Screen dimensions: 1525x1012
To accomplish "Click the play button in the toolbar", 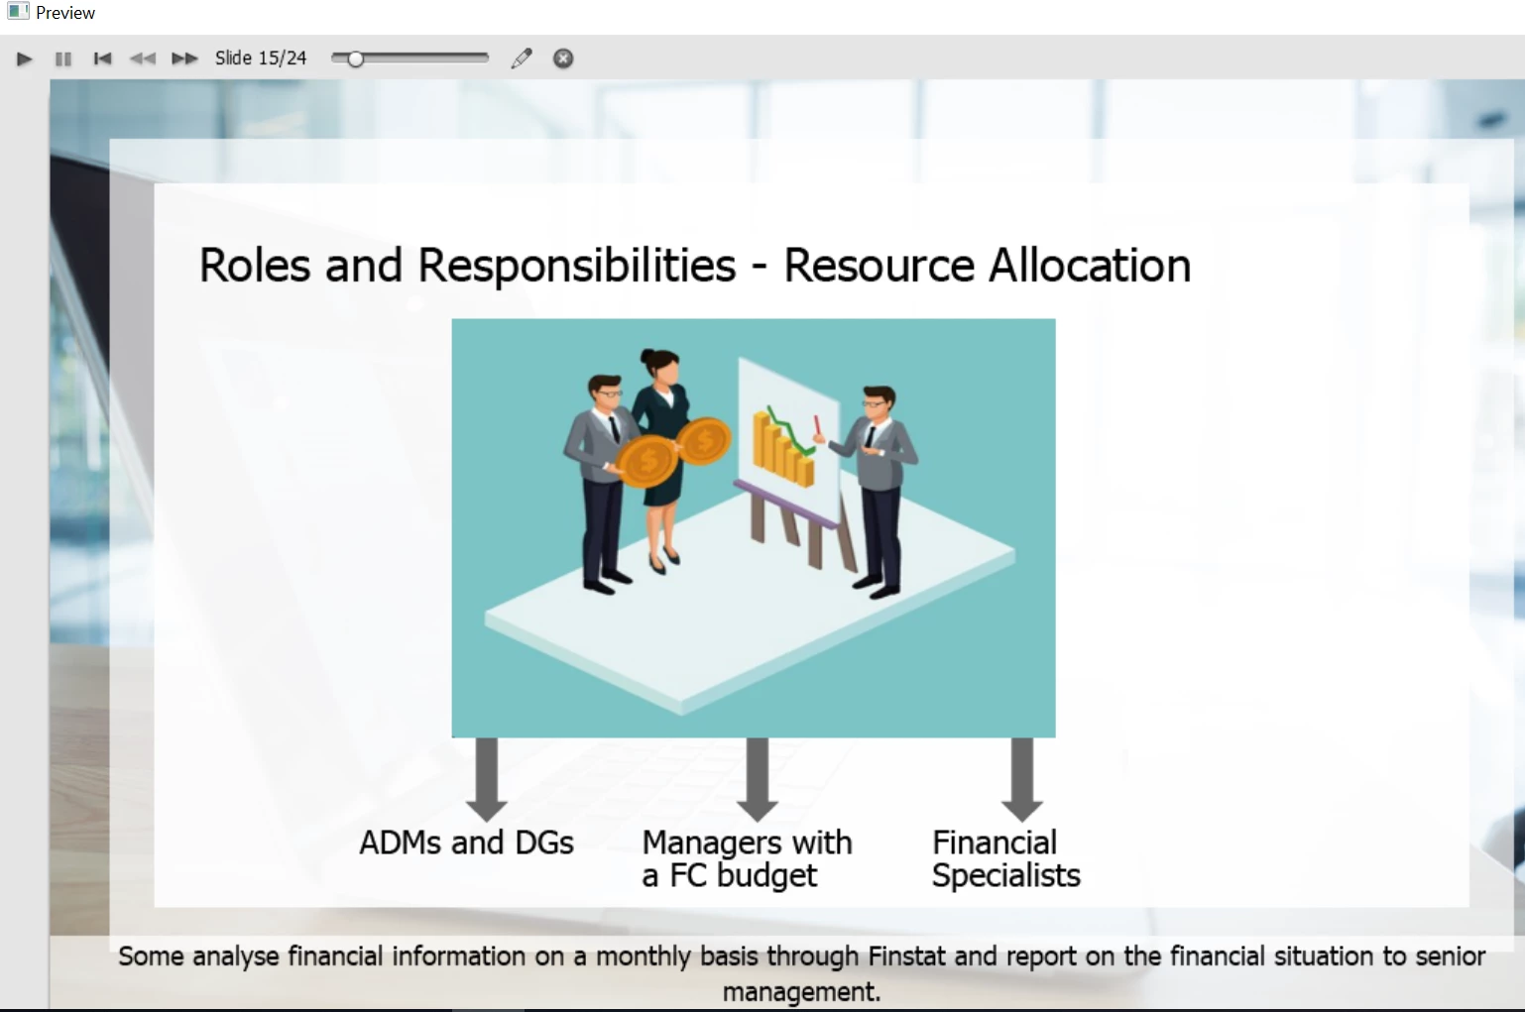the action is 24,59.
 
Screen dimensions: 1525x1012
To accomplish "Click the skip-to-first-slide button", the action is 102,59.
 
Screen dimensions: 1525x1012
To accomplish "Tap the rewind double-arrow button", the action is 143,59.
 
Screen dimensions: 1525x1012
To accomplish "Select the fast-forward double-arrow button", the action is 183,59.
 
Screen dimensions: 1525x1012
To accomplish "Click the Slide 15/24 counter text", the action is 261,58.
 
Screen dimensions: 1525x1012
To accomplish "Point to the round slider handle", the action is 355,59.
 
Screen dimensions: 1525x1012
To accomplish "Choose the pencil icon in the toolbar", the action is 522,58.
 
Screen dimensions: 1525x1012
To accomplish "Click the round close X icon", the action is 563,58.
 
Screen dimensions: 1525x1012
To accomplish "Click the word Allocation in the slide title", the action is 1090,265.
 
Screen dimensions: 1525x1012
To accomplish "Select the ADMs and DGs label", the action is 466,843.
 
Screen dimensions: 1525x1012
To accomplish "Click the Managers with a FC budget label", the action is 747,859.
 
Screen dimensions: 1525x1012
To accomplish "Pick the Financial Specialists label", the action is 1005,859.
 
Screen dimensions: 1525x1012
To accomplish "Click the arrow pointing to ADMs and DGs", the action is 486,779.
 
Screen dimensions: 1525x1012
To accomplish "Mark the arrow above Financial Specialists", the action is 1022,779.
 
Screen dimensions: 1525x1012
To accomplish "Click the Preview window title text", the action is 65,13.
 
